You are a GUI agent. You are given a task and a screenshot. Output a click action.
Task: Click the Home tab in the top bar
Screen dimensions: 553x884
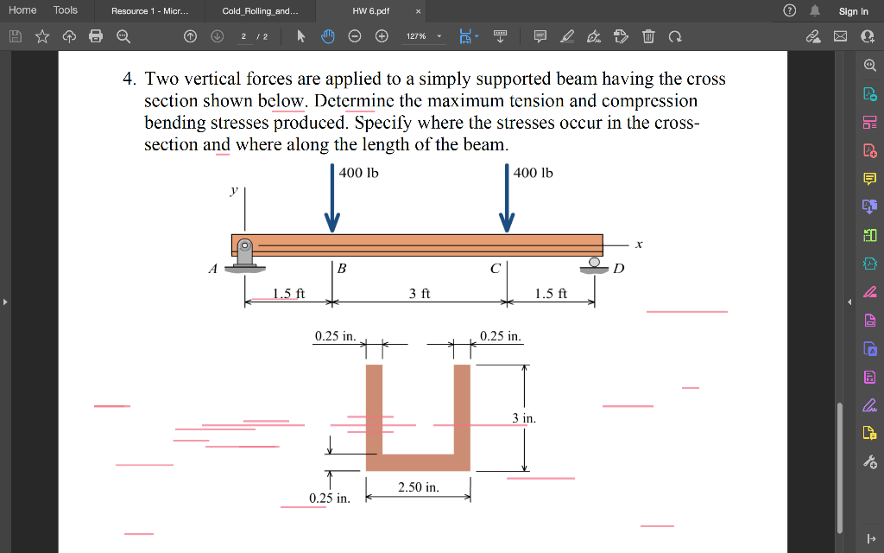(x=22, y=10)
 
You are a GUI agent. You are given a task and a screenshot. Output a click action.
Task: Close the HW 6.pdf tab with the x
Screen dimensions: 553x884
(x=418, y=11)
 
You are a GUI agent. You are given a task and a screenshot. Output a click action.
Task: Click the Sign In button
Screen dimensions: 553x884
(x=853, y=11)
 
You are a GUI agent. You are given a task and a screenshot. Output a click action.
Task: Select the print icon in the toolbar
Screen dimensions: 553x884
(x=96, y=36)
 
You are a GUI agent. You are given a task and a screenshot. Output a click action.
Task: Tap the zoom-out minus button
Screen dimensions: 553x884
(x=355, y=36)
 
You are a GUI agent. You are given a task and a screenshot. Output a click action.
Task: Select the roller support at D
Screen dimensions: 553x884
(x=594, y=263)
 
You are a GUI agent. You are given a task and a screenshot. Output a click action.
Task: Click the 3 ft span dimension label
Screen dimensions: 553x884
(x=420, y=294)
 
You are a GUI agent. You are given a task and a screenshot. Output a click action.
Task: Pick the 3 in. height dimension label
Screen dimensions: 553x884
(x=523, y=418)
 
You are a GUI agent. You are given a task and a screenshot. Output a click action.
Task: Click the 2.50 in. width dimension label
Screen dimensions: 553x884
(x=418, y=487)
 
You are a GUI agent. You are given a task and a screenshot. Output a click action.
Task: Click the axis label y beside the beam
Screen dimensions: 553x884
(x=233, y=190)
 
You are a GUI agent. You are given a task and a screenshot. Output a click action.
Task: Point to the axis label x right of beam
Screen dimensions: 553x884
(x=639, y=244)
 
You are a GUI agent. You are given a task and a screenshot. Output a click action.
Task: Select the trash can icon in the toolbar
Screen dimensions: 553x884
(x=649, y=36)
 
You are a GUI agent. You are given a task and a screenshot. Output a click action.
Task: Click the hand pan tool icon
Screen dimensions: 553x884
(x=328, y=36)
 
